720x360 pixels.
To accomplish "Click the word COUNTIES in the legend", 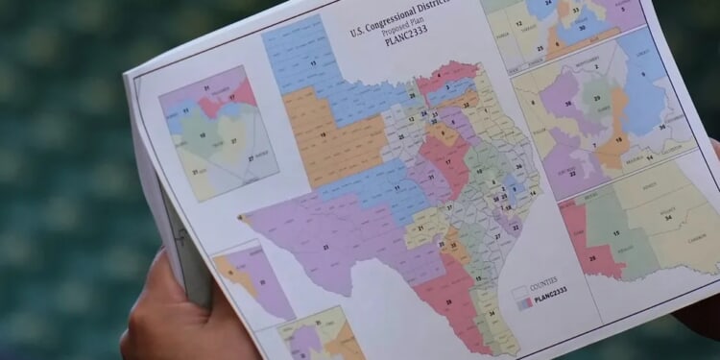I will pyautogui.click(x=543, y=280).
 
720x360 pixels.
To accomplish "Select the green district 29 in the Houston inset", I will pyautogui.click(x=599, y=96).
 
